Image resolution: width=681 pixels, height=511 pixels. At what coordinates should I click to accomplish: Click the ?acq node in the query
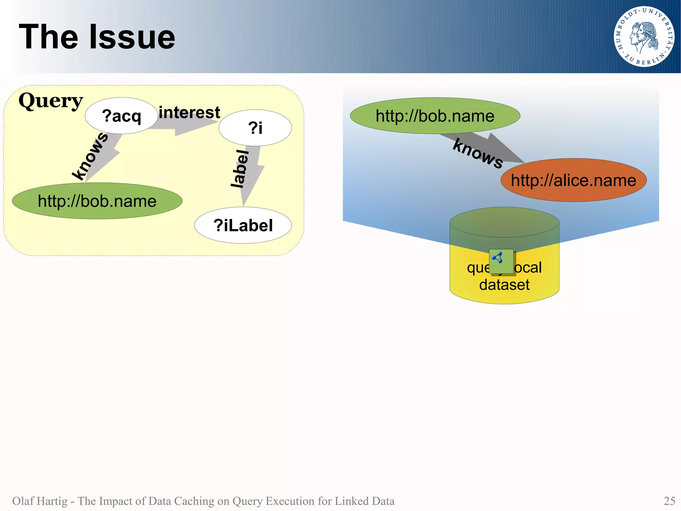point(121,116)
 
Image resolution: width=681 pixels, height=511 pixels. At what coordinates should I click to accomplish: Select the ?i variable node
point(255,128)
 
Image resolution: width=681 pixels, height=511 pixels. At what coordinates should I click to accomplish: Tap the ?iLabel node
point(243,225)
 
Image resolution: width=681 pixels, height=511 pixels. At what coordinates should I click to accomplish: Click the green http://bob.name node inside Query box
point(97,201)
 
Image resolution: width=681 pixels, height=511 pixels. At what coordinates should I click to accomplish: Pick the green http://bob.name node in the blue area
point(435,116)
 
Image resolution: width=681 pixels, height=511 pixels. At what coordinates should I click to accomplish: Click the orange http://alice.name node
point(574,180)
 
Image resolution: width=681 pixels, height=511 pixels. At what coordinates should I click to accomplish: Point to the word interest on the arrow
point(189,113)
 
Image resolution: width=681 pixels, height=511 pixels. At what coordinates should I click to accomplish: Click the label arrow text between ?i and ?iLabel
point(240,169)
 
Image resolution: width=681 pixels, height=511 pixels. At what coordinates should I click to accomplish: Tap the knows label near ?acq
point(90,156)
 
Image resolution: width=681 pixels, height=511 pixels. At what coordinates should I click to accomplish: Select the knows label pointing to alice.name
point(478,154)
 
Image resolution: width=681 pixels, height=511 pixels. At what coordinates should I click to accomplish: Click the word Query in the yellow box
point(51,101)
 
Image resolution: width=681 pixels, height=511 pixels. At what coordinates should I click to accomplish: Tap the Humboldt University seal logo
point(644,37)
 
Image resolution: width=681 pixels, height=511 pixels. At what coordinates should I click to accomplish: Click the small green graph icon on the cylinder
point(501,261)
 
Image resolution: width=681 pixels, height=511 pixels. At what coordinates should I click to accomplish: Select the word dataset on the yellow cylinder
point(504,285)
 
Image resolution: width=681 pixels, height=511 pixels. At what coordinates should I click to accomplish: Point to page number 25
point(669,501)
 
